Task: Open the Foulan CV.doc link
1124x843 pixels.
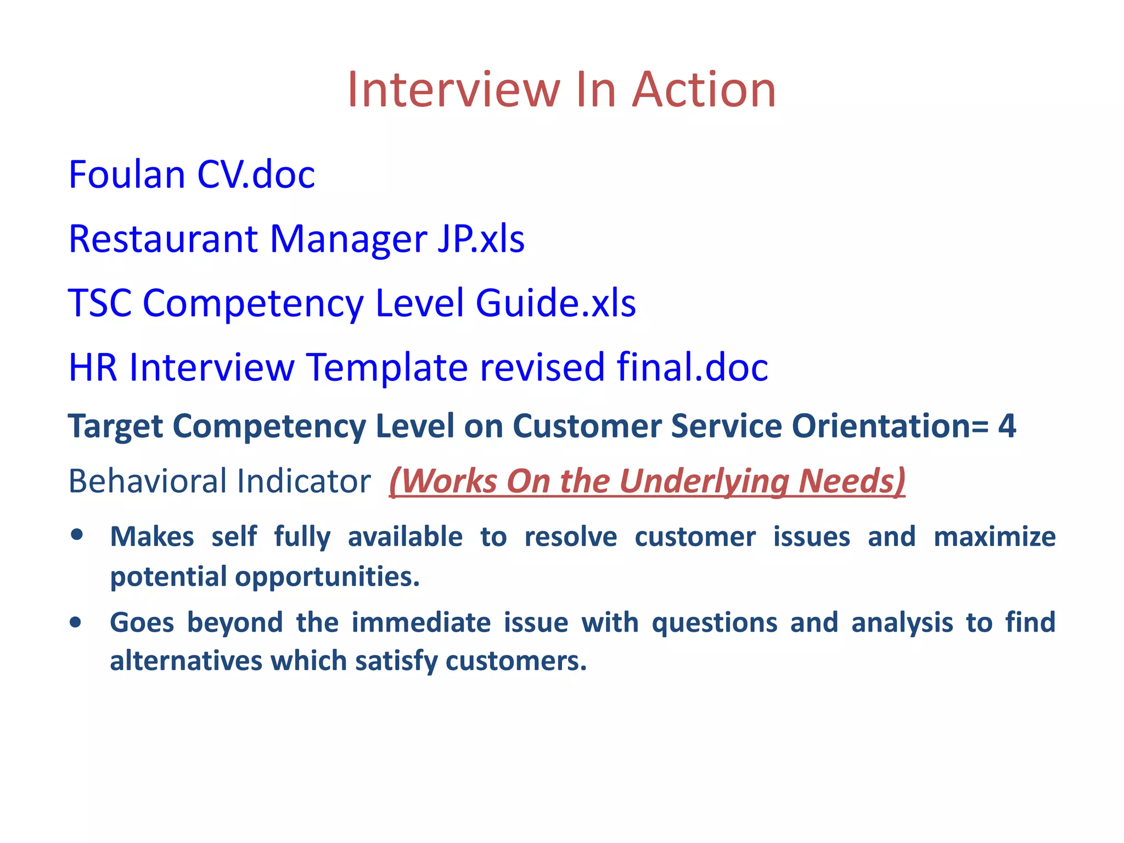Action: (x=192, y=175)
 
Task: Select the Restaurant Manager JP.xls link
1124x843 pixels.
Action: (x=296, y=239)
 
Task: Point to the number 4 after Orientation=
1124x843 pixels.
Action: (x=1007, y=426)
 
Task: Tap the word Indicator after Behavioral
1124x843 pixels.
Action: (x=304, y=481)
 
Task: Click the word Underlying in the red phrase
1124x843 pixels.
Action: (x=704, y=481)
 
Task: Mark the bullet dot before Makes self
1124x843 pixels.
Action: (x=77, y=535)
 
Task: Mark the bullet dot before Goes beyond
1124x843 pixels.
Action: (x=76, y=622)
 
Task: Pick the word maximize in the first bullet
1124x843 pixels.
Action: (x=994, y=537)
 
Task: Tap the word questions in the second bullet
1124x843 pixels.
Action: (x=715, y=623)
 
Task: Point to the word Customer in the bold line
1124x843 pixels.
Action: (x=587, y=426)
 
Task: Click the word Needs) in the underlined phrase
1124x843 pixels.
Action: (x=851, y=481)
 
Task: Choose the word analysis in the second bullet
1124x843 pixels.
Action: (x=902, y=623)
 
